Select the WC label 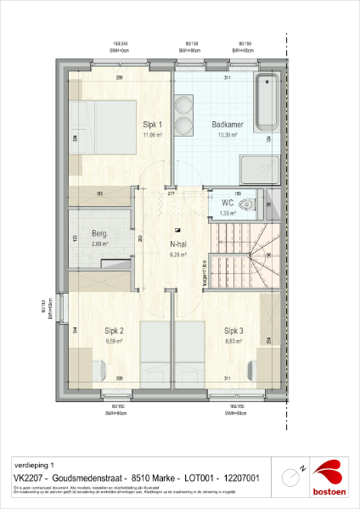(228, 204)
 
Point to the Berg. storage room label (101, 233)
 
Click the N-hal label (177, 243)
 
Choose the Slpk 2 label (115, 331)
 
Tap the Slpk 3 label (235, 331)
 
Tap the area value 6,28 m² (177, 253)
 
